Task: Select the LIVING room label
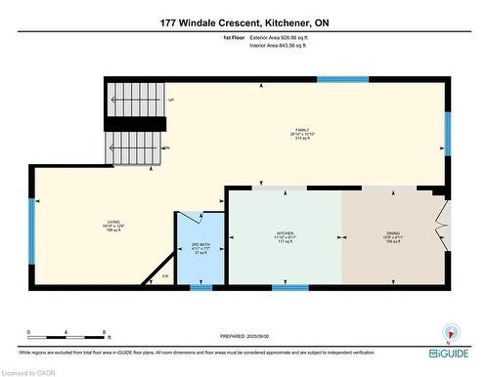coord(113,226)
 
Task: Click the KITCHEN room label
coord(284,236)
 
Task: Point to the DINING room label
coord(392,236)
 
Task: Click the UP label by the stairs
coord(171,100)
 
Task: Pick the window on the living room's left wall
coord(32,244)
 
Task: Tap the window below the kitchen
coord(290,287)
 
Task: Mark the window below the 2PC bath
coord(200,287)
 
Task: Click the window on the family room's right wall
coord(448,135)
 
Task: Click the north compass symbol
coord(450,331)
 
